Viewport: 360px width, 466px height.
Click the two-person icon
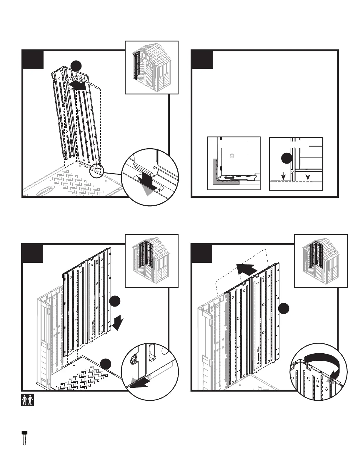[x=28, y=400]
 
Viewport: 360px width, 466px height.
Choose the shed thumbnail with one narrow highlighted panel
[x=151, y=67]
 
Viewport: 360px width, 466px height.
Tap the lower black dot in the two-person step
[x=105, y=364]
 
